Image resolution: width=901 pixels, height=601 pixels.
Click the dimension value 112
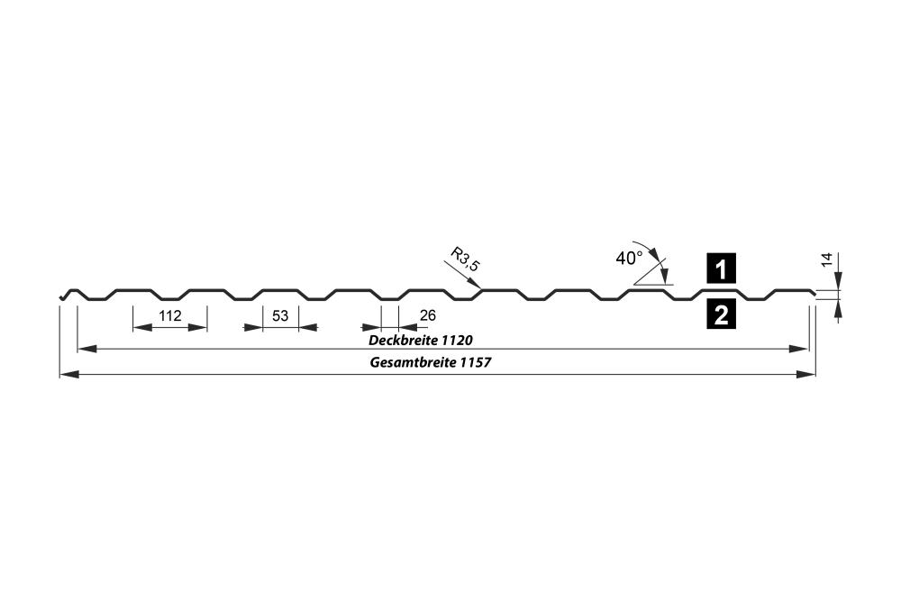[170, 315]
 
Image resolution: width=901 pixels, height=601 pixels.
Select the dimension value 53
[280, 315]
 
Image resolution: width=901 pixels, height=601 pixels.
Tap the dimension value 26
[427, 315]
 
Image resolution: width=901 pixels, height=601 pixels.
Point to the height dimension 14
[827, 260]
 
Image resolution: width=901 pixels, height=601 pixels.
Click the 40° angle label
[629, 259]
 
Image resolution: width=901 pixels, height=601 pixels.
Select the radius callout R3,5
[465, 259]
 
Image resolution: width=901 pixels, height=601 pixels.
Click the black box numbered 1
[721, 269]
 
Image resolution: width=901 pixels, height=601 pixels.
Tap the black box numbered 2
[721, 314]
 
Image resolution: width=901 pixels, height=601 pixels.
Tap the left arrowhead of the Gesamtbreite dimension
[69, 375]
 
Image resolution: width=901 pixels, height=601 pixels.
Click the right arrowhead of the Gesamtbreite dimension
[806, 375]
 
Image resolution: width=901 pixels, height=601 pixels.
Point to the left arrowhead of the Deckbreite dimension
[86, 348]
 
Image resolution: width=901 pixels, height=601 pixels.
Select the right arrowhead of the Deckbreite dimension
[799, 348]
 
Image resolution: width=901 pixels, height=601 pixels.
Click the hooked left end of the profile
[64, 295]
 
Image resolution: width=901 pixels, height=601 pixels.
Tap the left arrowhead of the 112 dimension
[142, 327]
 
